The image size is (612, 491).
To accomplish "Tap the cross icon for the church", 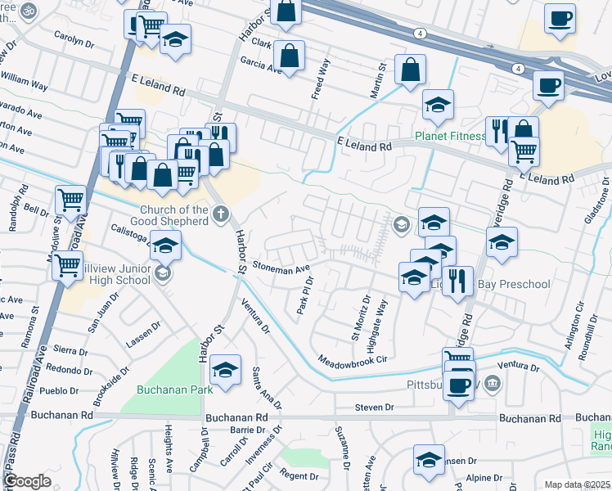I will click(219, 215).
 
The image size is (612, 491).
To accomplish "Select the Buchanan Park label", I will click(175, 390).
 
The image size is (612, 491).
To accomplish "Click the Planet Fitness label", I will click(450, 136).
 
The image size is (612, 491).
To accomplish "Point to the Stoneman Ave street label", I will click(281, 267).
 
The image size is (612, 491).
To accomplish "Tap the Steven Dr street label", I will click(375, 407).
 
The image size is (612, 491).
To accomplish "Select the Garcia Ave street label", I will click(261, 65).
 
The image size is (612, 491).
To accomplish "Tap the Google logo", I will click(27, 481).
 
